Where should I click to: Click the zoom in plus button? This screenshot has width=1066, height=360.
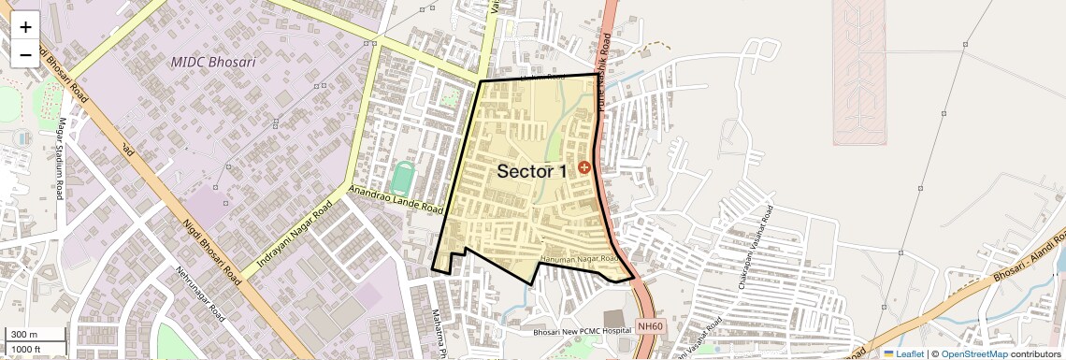point(25,27)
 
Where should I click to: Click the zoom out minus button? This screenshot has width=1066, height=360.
point(25,54)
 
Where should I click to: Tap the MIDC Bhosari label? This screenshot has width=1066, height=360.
point(212,62)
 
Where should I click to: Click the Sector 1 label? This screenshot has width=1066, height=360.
point(531,171)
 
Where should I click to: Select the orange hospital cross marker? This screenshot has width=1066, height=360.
point(584,167)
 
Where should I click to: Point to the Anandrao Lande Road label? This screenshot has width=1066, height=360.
point(395,197)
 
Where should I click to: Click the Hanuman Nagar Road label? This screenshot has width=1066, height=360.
point(579,259)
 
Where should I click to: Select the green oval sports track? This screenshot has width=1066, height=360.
point(403,176)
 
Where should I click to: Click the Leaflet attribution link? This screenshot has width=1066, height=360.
point(903,353)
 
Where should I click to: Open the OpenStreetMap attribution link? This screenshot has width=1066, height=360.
point(973,353)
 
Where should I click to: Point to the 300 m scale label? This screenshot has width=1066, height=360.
point(24,335)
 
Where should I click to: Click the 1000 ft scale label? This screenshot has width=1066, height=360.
point(26,349)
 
